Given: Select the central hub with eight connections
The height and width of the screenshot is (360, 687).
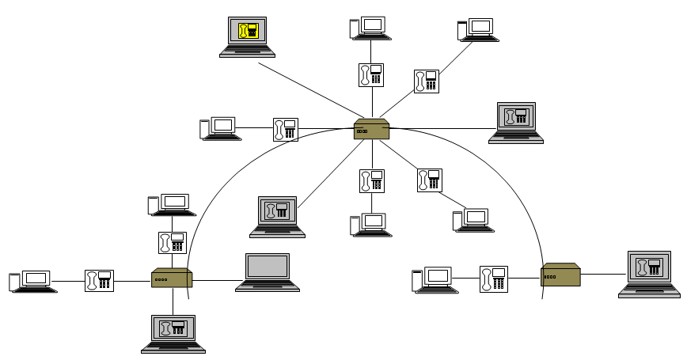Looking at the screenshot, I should click(371, 129).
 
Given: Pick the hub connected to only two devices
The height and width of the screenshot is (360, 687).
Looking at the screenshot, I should click(560, 275).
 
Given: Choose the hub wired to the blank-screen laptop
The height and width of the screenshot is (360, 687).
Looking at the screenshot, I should click(172, 278).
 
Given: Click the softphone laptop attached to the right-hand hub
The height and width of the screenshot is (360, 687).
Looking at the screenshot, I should click(649, 273).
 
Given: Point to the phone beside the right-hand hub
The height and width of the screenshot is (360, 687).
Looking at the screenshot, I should click(493, 279).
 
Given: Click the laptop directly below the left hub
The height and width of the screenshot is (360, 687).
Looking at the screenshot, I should click(173, 333).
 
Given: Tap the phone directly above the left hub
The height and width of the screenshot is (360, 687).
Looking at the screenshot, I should click(172, 242).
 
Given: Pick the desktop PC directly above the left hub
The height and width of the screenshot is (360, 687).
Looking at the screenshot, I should click(172, 205).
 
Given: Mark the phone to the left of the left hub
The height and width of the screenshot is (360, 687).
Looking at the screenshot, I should click(99, 281).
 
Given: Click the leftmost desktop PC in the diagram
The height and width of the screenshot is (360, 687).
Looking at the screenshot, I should click(32, 282).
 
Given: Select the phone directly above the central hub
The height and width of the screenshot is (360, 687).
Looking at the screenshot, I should click(371, 75).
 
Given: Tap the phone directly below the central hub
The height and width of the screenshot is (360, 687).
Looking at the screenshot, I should click(371, 180).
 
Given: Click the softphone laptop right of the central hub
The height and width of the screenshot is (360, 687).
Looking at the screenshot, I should click(516, 122).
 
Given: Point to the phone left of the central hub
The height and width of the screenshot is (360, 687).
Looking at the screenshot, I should click(286, 129).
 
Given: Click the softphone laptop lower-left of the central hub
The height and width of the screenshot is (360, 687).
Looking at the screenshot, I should click(277, 216).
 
